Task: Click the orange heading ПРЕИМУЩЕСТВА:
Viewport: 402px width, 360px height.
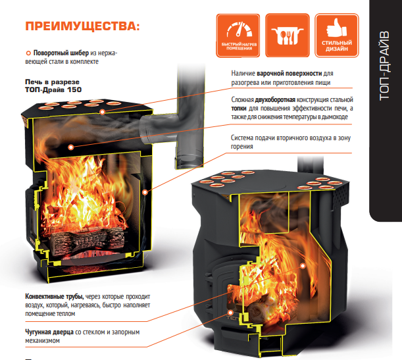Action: [x=82, y=26]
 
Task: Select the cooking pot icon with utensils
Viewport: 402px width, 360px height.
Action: [x=287, y=36]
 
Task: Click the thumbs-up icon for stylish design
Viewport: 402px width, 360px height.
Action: [x=336, y=28]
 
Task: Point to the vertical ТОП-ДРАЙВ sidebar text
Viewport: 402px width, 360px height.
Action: [x=384, y=66]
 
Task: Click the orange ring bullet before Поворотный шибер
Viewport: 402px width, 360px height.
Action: [x=28, y=53]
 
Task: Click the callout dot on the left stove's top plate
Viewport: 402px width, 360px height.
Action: [x=102, y=112]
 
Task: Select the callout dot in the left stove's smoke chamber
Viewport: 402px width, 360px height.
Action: [x=71, y=147]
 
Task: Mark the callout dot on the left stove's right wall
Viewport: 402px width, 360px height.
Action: [x=145, y=192]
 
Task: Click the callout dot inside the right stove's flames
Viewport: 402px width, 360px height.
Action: [x=303, y=266]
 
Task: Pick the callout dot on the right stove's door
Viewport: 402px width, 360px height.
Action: [x=230, y=313]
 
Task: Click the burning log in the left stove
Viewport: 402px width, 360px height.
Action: [x=87, y=240]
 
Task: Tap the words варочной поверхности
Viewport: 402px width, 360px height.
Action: [x=289, y=73]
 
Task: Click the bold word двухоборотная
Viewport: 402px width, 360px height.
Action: [x=275, y=99]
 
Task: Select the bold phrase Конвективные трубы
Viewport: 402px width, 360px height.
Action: [x=55, y=297]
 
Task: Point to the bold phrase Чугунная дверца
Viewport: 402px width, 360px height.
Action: [x=49, y=332]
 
